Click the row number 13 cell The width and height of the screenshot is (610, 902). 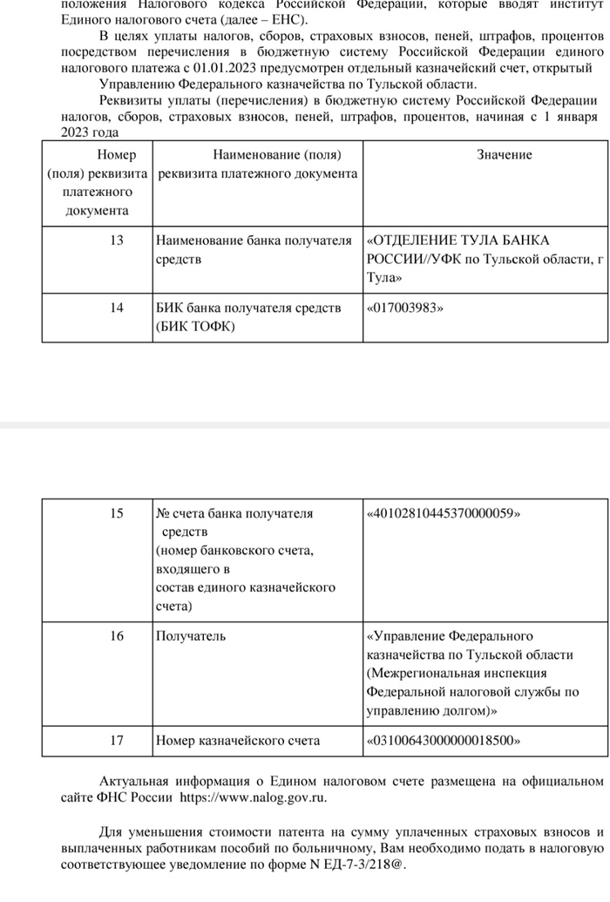click(117, 241)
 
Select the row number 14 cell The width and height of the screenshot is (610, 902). click(117, 308)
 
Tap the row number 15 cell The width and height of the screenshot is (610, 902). click(117, 513)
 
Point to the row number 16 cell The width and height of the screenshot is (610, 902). click(117, 636)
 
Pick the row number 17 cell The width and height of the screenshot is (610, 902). click(117, 741)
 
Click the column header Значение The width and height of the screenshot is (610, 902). click(504, 154)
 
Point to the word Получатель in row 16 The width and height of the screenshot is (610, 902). click(190, 636)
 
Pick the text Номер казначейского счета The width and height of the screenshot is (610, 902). click(237, 741)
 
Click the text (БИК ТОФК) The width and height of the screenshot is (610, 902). click(195, 327)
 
